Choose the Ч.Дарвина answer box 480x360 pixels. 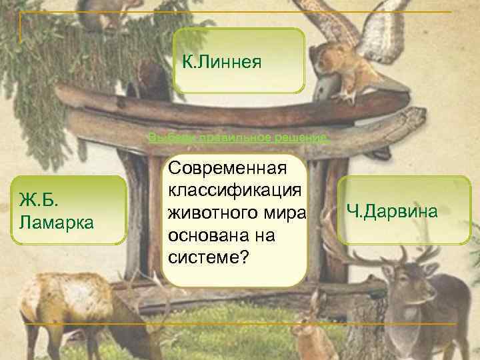click(x=404, y=211)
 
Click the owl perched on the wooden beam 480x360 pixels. click(x=333, y=63)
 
